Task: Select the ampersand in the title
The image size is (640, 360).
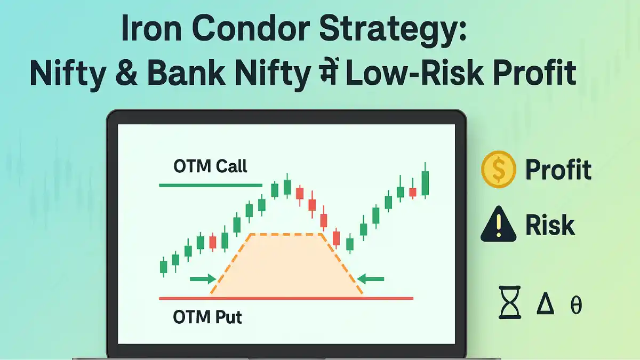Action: (x=126, y=73)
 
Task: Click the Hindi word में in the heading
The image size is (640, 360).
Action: (x=328, y=71)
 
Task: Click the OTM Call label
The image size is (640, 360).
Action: (x=210, y=166)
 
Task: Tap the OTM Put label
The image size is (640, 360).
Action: (x=207, y=317)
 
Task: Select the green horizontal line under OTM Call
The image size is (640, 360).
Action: (x=211, y=186)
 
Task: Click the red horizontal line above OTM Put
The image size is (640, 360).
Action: (x=286, y=298)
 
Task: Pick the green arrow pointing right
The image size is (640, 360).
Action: (x=203, y=279)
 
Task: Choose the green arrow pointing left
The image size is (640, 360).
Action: (x=371, y=279)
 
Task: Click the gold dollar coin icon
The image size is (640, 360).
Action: (x=499, y=169)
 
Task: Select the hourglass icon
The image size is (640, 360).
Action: (x=510, y=302)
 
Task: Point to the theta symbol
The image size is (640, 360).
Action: (x=576, y=305)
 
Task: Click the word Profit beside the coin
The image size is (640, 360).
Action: (x=558, y=170)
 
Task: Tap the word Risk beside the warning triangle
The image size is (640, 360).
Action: (x=550, y=226)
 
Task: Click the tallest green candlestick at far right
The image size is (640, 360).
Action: (x=425, y=181)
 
